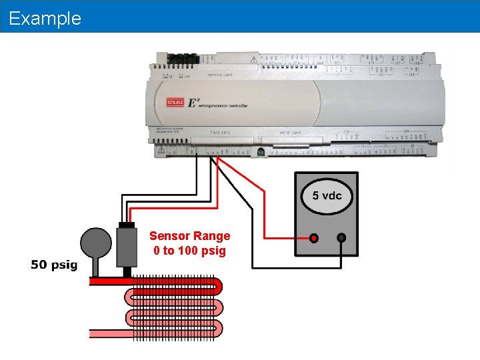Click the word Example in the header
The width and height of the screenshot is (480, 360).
pos(45,18)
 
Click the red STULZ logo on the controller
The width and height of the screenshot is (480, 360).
pos(176,103)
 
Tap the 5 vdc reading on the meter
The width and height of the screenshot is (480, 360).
pos(327,195)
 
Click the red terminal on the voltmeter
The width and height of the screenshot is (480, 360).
pos(313,237)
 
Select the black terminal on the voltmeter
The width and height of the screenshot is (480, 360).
pos(341,237)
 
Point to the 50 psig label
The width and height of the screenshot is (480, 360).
pos(54,265)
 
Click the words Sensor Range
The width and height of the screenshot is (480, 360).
pos(190,236)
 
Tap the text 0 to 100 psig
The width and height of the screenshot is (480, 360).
pos(190,251)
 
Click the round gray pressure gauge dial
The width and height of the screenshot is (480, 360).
pos(96,244)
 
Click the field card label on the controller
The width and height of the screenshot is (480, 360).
pos(220,132)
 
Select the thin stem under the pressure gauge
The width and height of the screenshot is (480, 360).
pos(96,269)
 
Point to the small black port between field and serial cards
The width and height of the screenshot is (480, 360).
pos(260,152)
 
